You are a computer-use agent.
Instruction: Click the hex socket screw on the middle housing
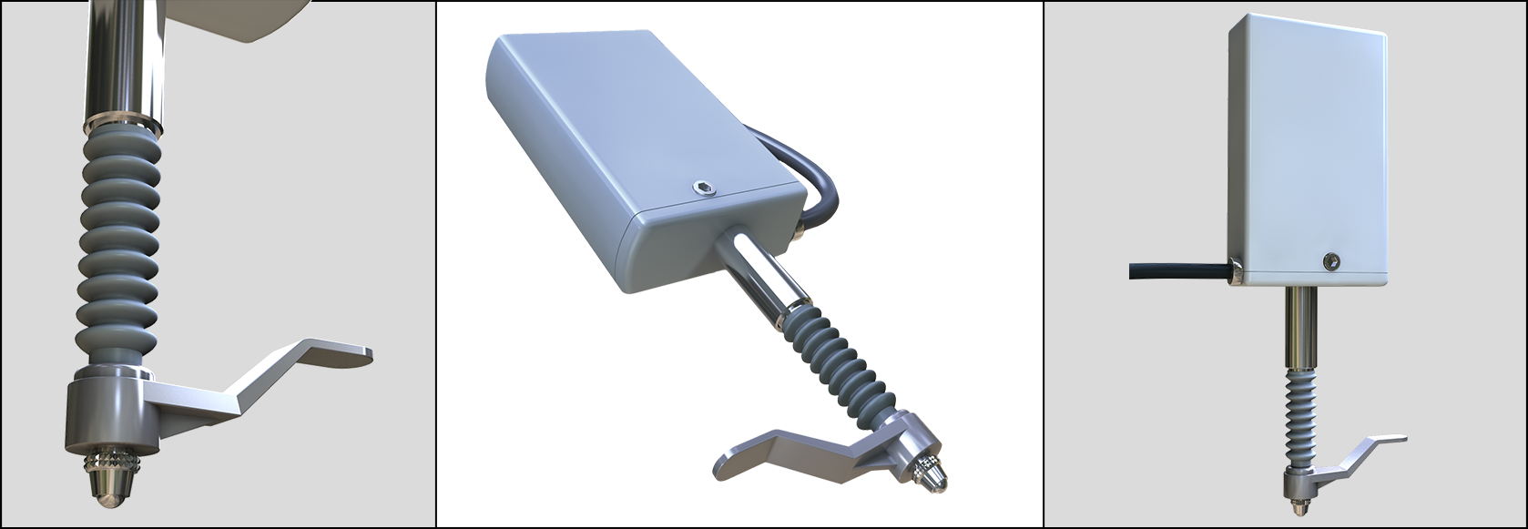[x=703, y=190]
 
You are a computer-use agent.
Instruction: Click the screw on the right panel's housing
[x=1331, y=262]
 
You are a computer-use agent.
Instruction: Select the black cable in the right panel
[x=1175, y=270]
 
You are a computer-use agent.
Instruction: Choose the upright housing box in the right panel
[x=1307, y=146]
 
